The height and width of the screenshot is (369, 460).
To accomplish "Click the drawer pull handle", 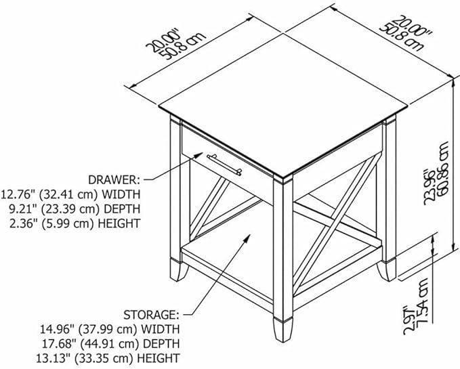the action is tap(225, 165).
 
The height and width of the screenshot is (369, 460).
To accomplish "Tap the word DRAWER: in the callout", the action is tap(114, 179).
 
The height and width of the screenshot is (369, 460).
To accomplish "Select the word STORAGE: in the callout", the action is tap(151, 315).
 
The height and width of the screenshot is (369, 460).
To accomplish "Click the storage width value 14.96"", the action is tap(57, 329).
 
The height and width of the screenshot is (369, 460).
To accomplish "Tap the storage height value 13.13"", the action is tap(54, 358).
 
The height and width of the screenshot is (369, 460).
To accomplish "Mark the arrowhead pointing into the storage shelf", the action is tap(247, 238).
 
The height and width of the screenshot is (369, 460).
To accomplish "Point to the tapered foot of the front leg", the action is tap(283, 329).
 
